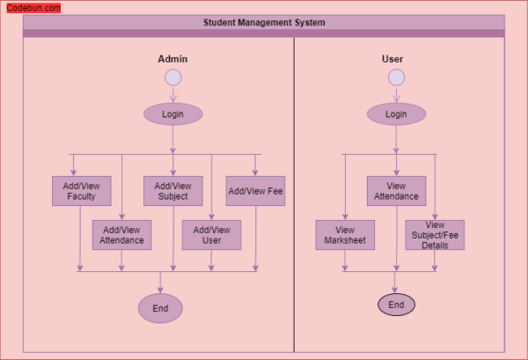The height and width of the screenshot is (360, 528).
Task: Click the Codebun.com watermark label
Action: (x=33, y=8)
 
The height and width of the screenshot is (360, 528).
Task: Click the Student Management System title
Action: (x=264, y=23)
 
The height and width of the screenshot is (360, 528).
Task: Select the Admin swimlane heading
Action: (x=172, y=59)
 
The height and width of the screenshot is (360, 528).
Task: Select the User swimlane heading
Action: (x=392, y=59)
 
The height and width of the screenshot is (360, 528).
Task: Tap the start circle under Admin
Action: (x=172, y=77)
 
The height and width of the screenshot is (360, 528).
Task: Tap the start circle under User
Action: (x=396, y=77)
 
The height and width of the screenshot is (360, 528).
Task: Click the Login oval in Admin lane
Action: (x=172, y=114)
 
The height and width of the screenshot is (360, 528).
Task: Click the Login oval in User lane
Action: (x=396, y=114)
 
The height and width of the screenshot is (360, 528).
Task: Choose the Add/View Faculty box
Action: (x=81, y=191)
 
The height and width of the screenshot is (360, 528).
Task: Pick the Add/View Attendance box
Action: (x=121, y=235)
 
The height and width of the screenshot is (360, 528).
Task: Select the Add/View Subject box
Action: (x=172, y=191)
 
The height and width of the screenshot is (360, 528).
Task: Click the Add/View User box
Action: (x=211, y=235)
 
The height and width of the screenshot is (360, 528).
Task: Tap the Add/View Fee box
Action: (x=255, y=191)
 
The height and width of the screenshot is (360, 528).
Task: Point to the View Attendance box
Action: (x=396, y=191)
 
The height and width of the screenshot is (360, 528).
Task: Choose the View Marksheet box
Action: (x=345, y=235)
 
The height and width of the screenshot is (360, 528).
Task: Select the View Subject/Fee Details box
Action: (x=435, y=235)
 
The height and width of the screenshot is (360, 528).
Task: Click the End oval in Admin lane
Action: (x=160, y=308)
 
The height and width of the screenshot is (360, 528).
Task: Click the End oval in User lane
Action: (x=396, y=305)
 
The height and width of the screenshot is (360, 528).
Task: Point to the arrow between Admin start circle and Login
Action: (x=172, y=94)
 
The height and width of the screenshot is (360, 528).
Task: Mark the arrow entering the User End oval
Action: (x=396, y=283)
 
